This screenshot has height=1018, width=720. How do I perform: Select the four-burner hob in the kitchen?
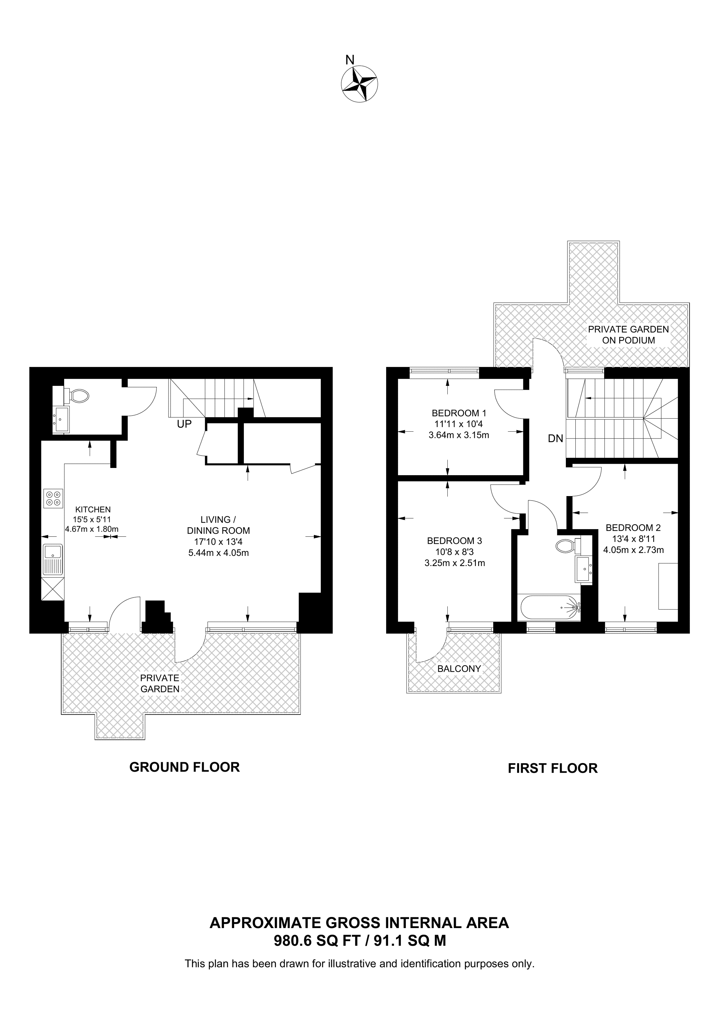pyautogui.click(x=53, y=498)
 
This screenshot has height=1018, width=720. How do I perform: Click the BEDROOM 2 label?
pyautogui.click(x=633, y=527)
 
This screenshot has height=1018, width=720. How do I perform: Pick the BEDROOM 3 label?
pyautogui.click(x=454, y=541)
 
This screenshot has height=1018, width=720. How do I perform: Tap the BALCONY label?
pyautogui.click(x=459, y=669)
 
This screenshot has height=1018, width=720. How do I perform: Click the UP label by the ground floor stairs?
pyautogui.click(x=184, y=424)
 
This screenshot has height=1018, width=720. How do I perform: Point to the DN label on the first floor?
pyautogui.click(x=555, y=439)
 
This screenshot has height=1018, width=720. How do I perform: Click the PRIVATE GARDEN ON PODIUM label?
pyautogui.click(x=629, y=335)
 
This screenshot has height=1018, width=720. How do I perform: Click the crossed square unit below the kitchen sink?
pyautogui.click(x=52, y=589)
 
